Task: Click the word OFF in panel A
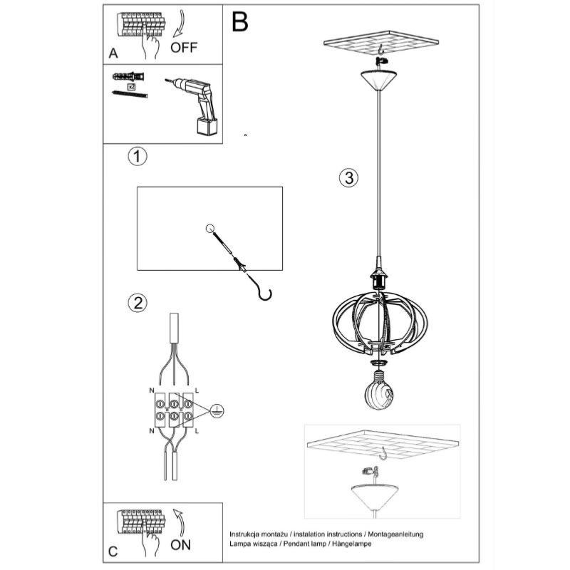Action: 184,48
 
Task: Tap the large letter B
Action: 239,23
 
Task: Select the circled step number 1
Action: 137,156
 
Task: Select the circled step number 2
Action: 137,302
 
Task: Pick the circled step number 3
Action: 347,178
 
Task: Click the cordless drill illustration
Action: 195,107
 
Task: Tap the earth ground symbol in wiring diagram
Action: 219,410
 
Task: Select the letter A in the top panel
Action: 113,53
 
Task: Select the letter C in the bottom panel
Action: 113,550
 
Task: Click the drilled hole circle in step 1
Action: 209,229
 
